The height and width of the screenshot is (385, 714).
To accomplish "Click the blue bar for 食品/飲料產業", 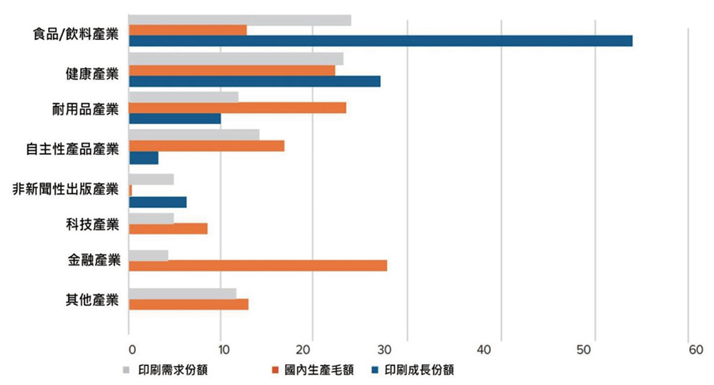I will [381, 40].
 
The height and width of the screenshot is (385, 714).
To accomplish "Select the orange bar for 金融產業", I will [258, 266].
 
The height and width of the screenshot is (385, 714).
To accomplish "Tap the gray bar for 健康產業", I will [236, 59].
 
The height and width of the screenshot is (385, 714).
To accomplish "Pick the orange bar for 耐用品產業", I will [238, 107].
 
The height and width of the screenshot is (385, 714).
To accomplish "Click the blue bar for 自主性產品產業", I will [144, 158].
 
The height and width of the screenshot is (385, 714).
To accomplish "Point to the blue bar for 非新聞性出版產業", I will [158, 202].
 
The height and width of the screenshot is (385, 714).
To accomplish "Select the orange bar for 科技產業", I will [168, 228].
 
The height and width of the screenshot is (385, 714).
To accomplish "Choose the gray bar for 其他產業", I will [183, 293].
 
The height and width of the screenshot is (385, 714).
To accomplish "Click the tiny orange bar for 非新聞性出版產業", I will [130, 190].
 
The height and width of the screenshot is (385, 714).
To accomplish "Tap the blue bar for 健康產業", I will [255, 81].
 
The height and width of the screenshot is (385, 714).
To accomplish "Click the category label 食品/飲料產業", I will [76, 33].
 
